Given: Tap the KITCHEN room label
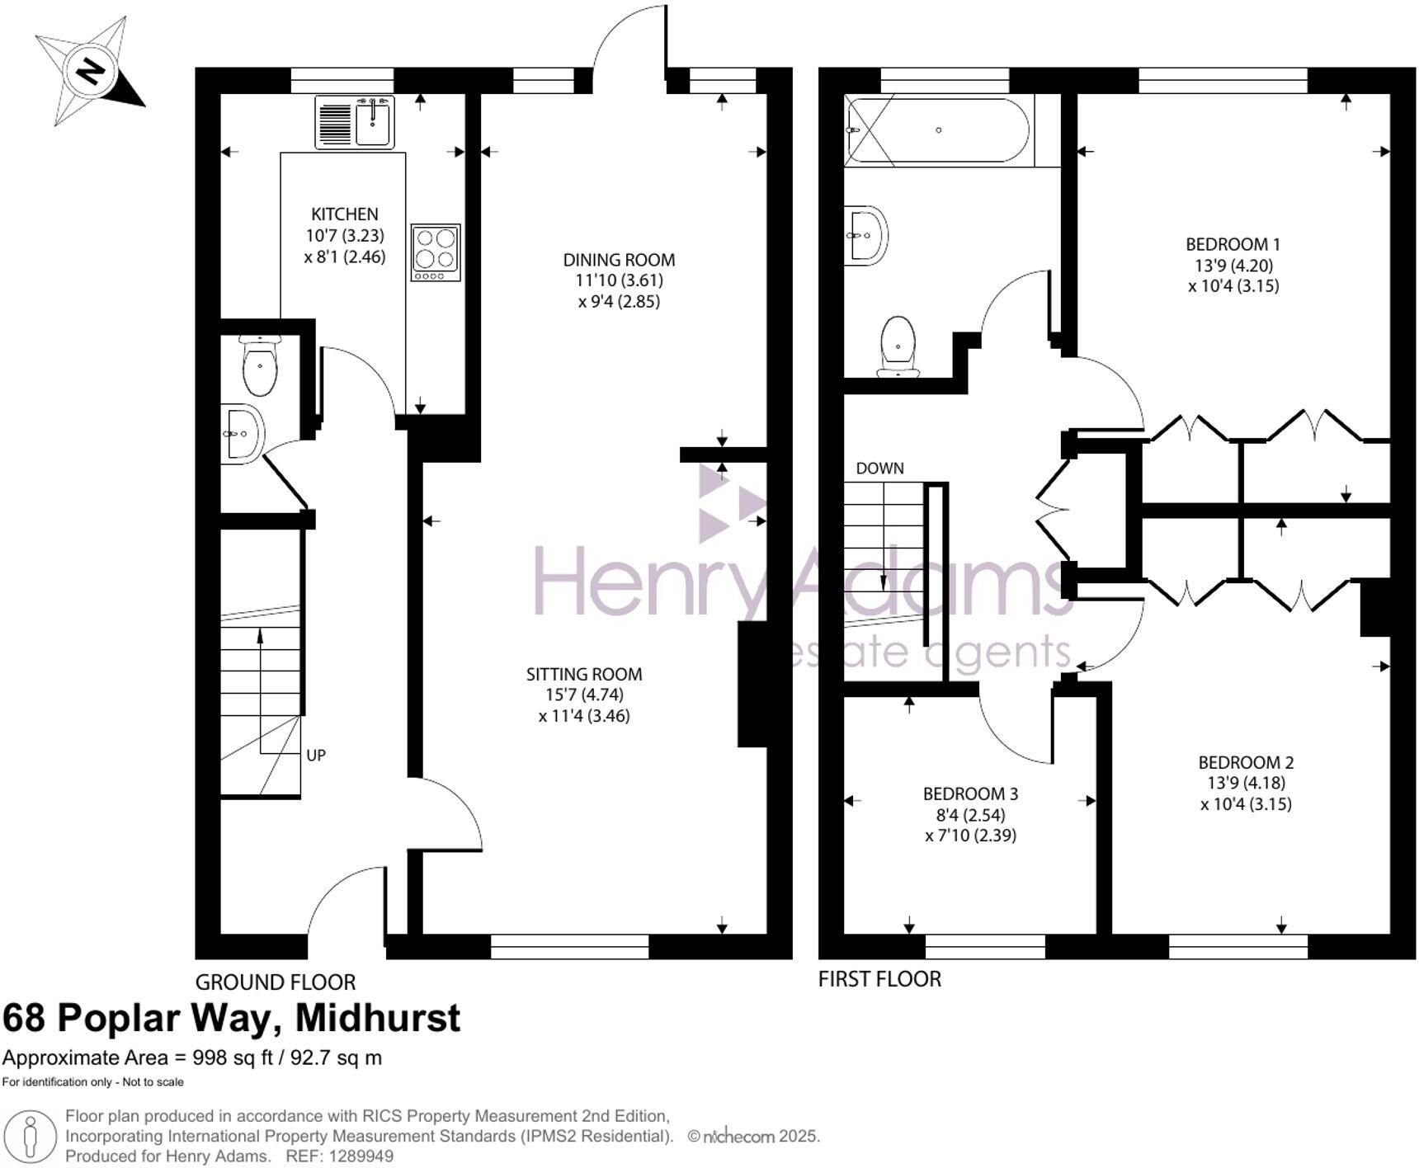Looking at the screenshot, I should (x=345, y=214).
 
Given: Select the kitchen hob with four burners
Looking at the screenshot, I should (x=435, y=252).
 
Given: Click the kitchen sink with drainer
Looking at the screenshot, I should (x=355, y=122).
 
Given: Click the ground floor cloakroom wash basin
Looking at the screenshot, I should (x=242, y=433).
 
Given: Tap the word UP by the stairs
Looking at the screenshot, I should (x=316, y=755).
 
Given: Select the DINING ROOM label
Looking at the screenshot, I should (x=619, y=260).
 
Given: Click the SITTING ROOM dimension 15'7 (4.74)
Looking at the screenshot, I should (x=584, y=695).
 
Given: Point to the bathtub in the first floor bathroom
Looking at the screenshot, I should (x=939, y=130).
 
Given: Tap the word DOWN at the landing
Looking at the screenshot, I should (x=879, y=469).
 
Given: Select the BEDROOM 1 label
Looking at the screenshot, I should (x=1233, y=244).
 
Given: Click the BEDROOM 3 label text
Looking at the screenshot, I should (x=970, y=794).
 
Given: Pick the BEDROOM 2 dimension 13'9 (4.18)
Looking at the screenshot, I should (x=1246, y=783).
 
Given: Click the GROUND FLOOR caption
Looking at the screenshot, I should (x=276, y=982).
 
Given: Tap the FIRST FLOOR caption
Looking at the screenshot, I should (x=879, y=979).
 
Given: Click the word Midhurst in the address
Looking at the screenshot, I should (x=378, y=1018).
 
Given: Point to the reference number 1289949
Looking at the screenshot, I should (x=361, y=1156).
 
